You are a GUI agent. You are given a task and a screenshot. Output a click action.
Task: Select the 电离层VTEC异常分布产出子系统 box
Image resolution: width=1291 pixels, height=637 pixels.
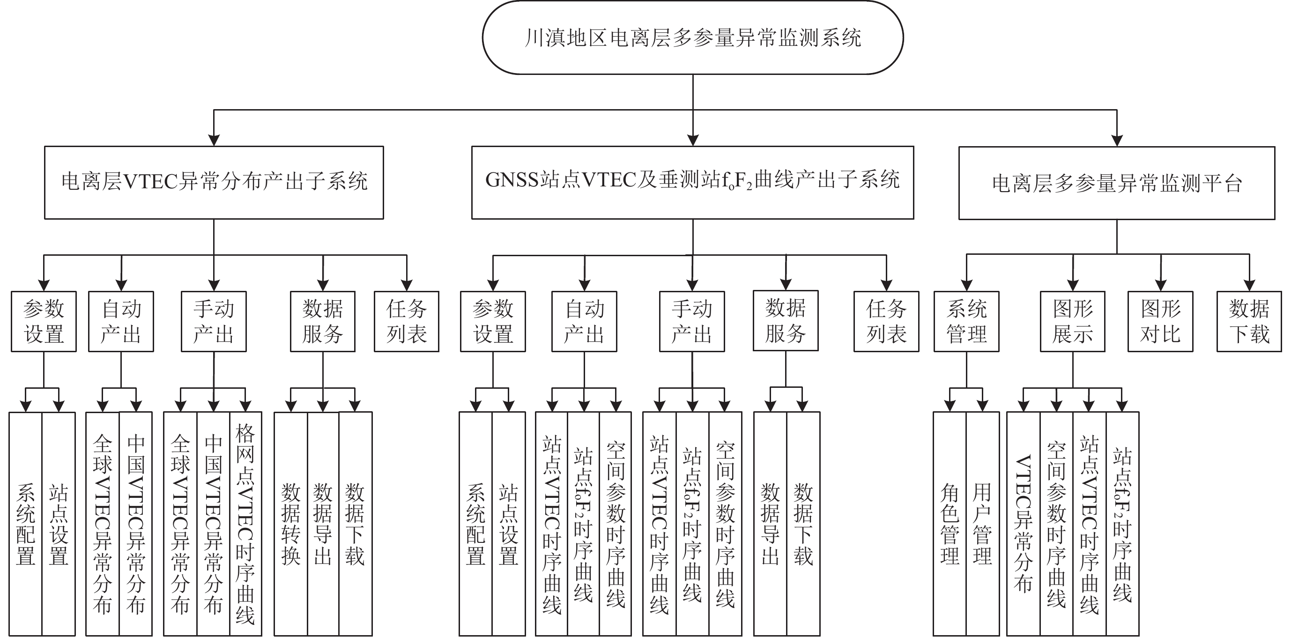point(214,182)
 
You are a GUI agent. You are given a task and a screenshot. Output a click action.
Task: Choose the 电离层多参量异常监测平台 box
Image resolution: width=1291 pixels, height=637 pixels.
point(1116,183)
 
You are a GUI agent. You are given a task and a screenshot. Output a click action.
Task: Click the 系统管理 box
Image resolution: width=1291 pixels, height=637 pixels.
point(966,321)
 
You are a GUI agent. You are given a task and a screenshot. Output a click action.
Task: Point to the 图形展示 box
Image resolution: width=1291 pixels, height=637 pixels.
point(1073,321)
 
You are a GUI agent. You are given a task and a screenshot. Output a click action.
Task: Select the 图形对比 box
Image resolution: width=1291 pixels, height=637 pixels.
point(1160,321)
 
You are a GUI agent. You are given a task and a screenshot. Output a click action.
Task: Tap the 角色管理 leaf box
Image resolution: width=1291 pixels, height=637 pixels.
point(950,524)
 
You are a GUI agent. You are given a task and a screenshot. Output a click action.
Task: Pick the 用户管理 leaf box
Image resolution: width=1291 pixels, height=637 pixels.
point(982,524)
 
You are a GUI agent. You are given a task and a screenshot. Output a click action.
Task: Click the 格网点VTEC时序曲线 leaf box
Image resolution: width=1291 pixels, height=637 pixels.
point(245,524)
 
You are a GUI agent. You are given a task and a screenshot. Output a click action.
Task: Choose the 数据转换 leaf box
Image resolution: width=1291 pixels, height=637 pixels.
point(291,524)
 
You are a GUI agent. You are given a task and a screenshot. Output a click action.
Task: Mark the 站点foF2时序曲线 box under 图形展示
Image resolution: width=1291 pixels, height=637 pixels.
point(1122,524)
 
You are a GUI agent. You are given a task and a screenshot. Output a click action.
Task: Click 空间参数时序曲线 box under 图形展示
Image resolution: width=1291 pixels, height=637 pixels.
point(1056,524)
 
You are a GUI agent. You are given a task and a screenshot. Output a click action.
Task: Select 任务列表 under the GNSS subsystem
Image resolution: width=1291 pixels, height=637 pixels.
point(886,321)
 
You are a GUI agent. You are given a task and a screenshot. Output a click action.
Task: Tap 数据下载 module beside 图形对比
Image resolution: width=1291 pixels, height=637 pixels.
point(1249,321)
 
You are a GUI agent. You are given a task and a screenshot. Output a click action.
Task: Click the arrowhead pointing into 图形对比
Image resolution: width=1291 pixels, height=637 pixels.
point(1161,286)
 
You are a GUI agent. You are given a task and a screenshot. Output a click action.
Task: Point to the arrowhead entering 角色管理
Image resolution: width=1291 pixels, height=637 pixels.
point(950,406)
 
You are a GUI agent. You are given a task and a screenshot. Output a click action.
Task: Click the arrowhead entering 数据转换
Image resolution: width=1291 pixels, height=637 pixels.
point(291,406)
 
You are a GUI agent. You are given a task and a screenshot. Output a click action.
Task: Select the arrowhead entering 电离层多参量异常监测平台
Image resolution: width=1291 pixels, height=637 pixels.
point(1117,141)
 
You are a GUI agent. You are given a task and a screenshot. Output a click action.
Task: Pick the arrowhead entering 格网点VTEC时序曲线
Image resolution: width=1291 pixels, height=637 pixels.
point(245,406)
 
